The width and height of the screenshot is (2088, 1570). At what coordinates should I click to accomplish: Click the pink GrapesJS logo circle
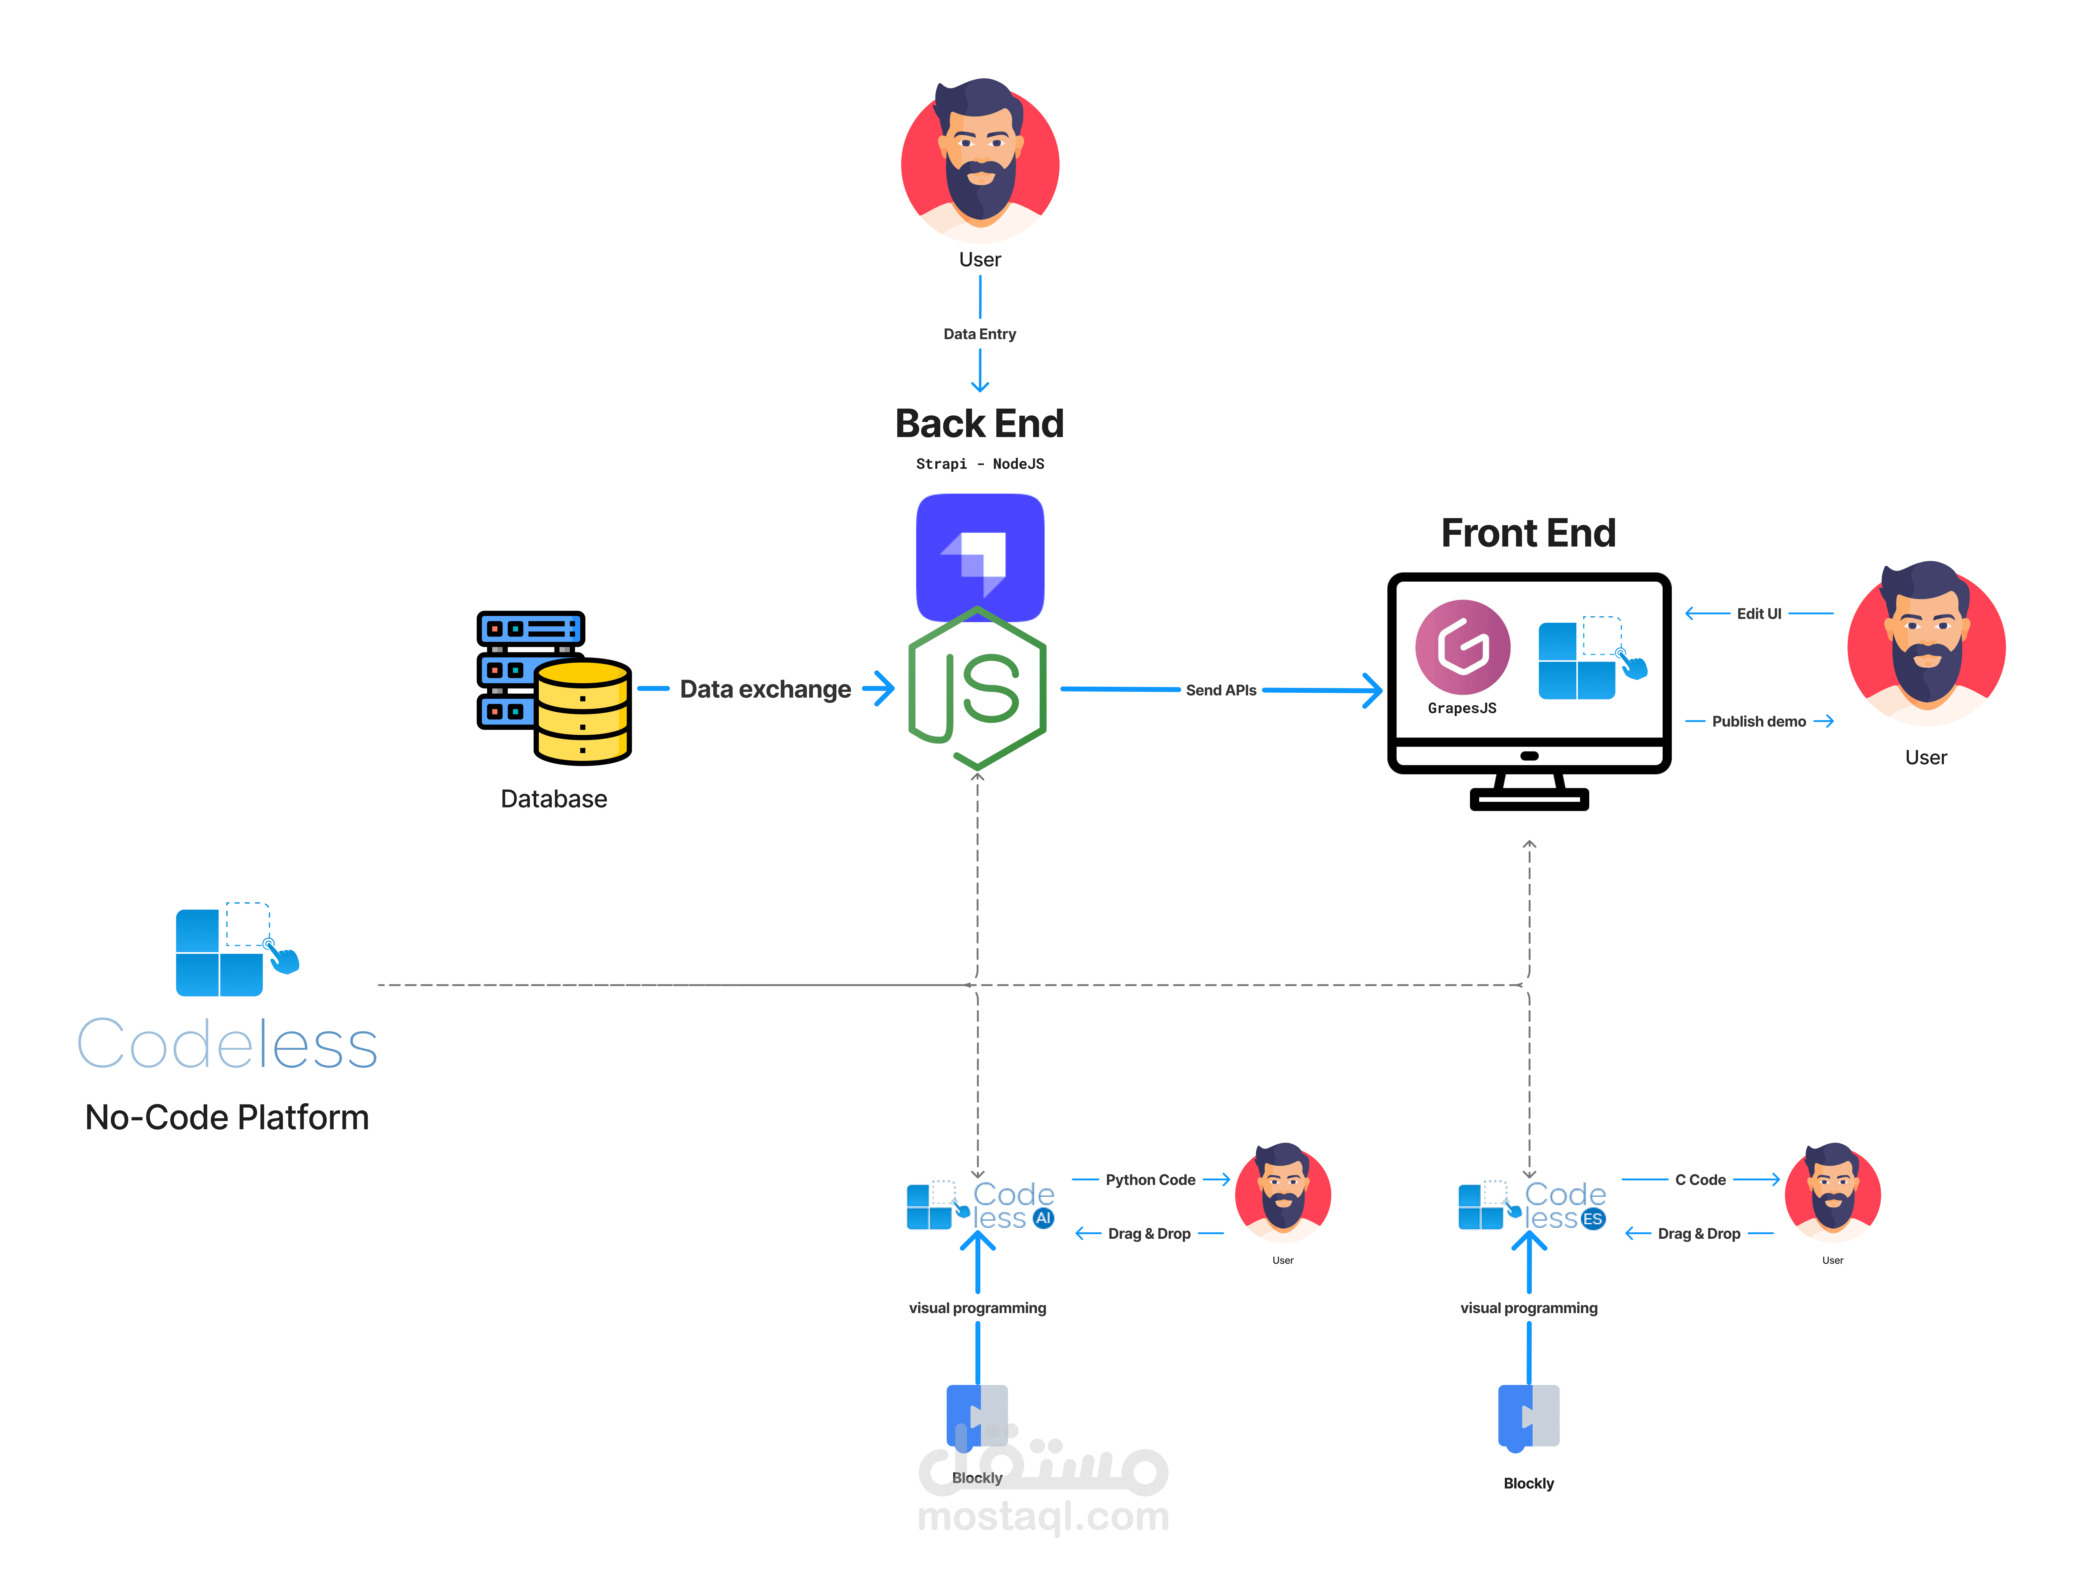coord(1462,648)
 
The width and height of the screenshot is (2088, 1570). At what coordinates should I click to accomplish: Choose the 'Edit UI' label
coord(1759,614)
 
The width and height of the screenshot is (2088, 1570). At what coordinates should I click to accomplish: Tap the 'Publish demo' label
coord(1759,721)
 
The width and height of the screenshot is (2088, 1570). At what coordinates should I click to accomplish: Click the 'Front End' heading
coord(1528,533)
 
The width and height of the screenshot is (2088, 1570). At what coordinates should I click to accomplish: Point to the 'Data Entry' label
coord(980,334)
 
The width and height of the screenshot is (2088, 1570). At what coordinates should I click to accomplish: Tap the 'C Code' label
coord(1700,1180)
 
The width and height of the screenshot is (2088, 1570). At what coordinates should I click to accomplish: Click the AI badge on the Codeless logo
coord(1043,1218)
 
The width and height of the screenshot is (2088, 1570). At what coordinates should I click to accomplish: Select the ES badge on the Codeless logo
coord(1592,1219)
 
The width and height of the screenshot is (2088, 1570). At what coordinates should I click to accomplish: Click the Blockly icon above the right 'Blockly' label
coord(1528,1416)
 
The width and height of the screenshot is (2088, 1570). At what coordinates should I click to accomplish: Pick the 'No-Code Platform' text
coord(227,1118)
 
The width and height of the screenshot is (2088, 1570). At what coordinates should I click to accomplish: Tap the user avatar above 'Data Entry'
coord(980,161)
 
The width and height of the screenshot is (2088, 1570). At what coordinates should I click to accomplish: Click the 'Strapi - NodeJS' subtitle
coord(980,464)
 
